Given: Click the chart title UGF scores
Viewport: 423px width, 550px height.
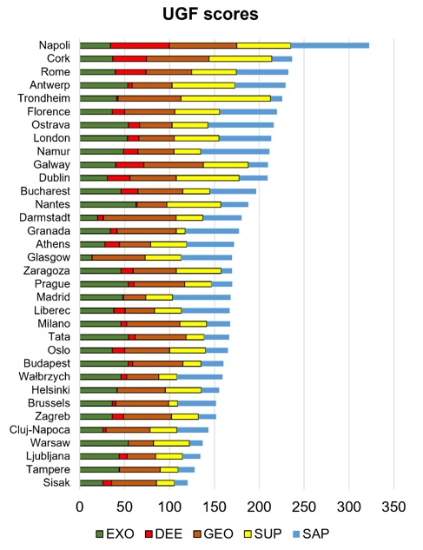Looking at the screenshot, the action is [x=210, y=14].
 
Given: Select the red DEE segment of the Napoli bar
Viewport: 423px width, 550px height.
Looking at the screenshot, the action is [x=140, y=45].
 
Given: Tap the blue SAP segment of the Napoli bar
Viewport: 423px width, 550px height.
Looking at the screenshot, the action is [x=330, y=45].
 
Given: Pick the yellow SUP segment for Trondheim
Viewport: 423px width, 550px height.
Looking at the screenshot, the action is [x=226, y=98].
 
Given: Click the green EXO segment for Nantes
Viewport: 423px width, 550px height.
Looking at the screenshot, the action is [x=108, y=204].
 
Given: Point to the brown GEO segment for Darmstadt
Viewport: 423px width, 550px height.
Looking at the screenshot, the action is [x=140, y=218].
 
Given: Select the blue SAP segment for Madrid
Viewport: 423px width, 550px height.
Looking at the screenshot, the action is [x=202, y=297].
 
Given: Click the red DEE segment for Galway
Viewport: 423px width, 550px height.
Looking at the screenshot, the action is [x=129, y=165].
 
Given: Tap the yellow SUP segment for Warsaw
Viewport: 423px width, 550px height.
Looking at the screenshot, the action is [x=171, y=443].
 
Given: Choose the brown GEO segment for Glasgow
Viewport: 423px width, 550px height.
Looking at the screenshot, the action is [x=118, y=257].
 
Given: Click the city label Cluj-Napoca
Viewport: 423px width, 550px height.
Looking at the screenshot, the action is [x=40, y=430].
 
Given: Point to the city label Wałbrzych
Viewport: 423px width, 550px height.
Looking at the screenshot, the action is [x=44, y=377].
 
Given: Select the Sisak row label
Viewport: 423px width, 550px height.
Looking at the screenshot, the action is [x=56, y=482].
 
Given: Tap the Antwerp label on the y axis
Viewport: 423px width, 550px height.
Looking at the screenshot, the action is [x=50, y=85].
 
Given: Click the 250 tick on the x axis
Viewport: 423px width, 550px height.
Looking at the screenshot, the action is [x=304, y=507].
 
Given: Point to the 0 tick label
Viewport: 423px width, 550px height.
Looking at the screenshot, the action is [x=80, y=507].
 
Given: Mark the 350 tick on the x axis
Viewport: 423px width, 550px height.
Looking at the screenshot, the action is [x=393, y=507].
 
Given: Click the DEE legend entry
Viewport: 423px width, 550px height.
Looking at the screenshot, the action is [x=164, y=534].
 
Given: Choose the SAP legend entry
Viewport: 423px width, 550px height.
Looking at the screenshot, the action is [x=311, y=534].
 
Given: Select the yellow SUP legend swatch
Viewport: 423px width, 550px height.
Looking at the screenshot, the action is [x=248, y=534].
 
